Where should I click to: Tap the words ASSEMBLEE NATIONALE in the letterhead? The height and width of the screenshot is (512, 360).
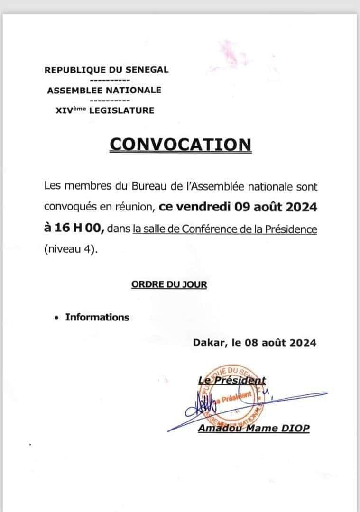coord(104,90)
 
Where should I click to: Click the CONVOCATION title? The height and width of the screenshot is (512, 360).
coord(180,144)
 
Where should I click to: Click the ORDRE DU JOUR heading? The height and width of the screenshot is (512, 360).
coord(169,284)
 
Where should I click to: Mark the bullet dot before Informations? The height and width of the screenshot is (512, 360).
coord(57,318)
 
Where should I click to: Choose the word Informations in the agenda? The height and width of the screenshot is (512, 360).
coord(97,317)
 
